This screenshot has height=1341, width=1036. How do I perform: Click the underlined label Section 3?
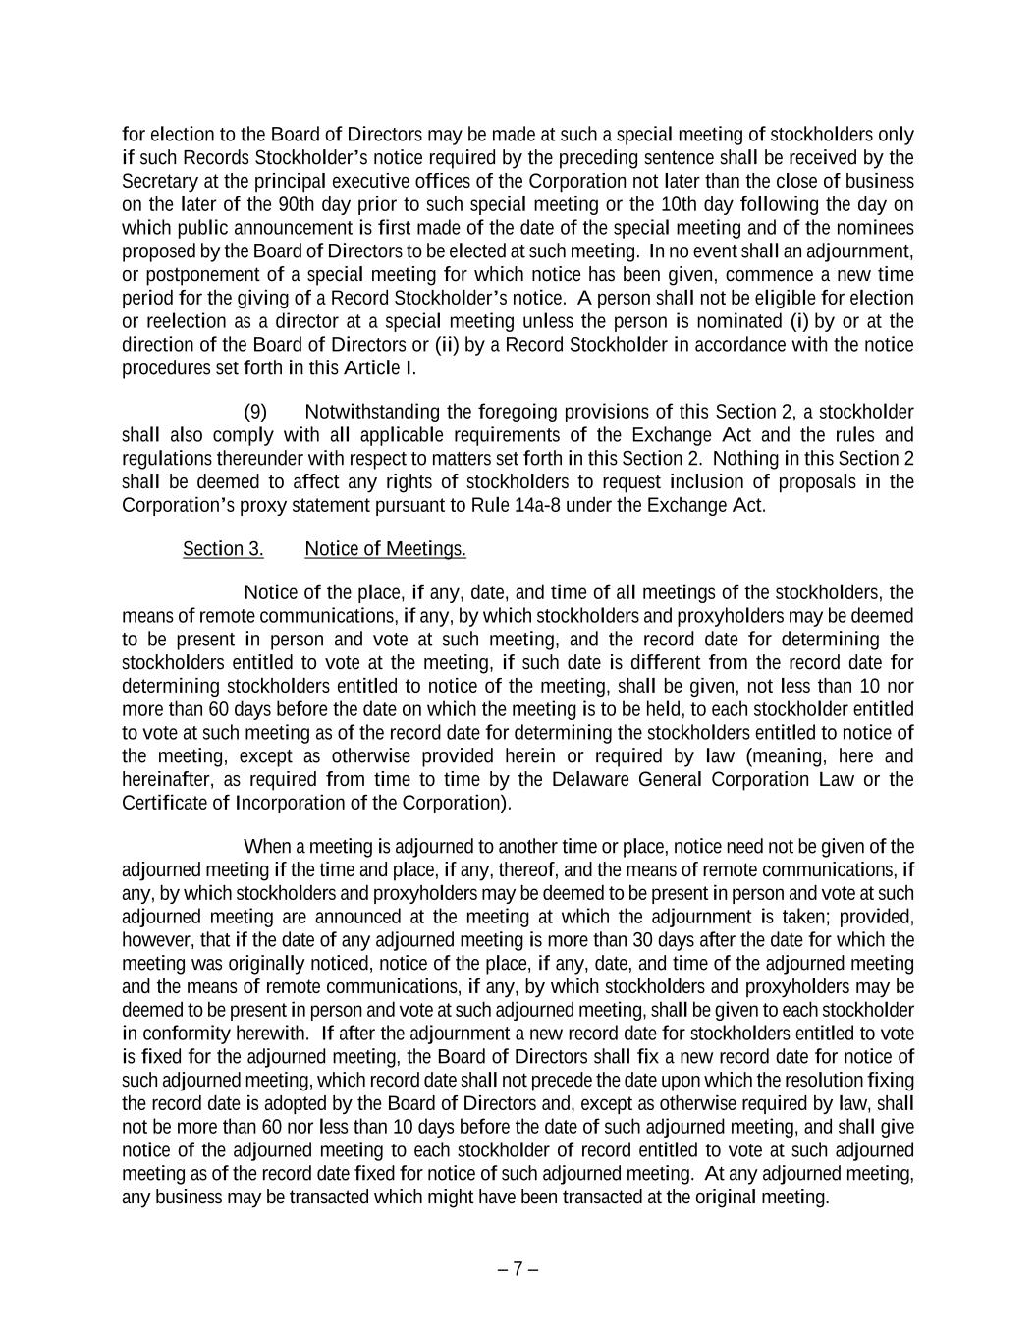point(223,549)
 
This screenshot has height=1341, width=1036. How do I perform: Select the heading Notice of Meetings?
point(385,549)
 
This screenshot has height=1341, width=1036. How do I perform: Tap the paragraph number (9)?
point(255,412)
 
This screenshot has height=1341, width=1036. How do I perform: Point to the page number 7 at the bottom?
point(518,1268)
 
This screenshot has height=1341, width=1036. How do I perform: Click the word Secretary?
point(158,182)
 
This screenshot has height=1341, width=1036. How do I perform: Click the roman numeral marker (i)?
point(799,322)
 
